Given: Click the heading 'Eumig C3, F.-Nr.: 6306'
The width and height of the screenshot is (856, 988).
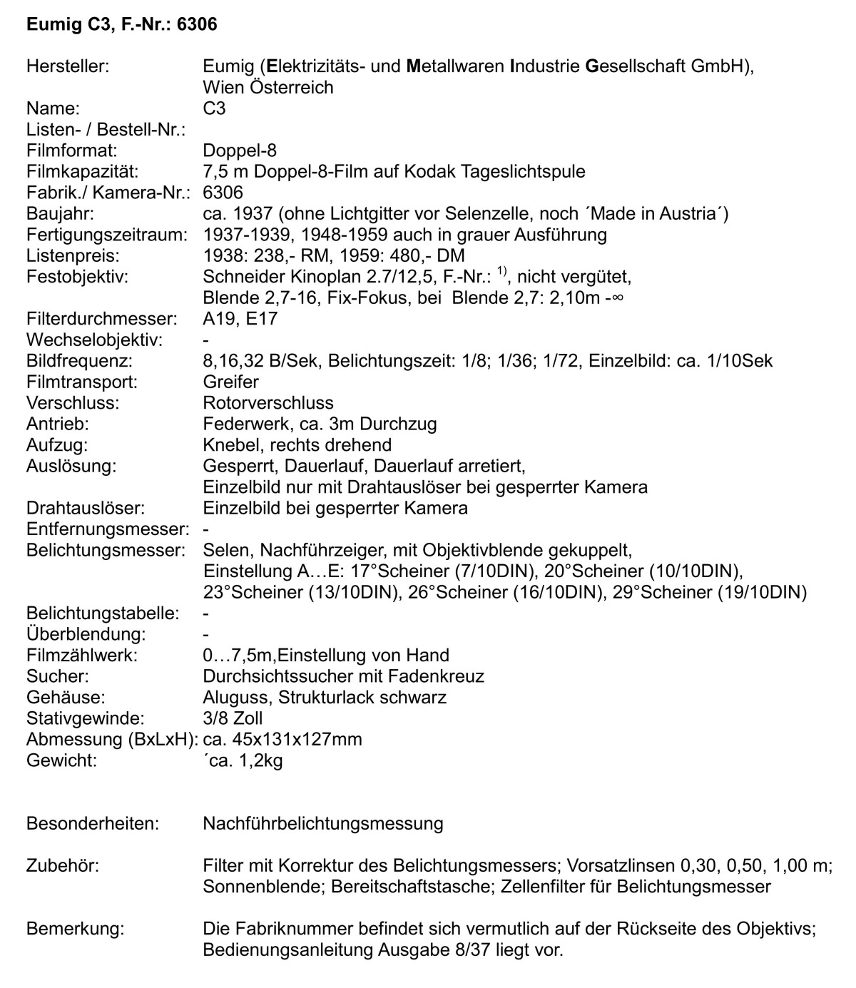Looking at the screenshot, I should (x=121, y=25).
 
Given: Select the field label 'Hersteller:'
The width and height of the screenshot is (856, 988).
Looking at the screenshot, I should (x=67, y=66).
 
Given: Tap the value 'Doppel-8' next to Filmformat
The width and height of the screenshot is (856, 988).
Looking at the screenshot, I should (x=240, y=151).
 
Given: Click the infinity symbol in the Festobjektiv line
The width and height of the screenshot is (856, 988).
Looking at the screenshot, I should (x=618, y=297).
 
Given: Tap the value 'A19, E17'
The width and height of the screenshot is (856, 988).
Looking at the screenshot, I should (x=240, y=318).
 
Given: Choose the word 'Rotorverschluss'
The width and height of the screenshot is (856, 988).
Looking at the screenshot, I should (x=268, y=402).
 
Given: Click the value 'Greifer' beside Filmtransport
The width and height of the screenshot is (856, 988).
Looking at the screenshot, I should (x=230, y=382).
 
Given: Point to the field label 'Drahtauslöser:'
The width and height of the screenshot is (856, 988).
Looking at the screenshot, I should (x=85, y=508).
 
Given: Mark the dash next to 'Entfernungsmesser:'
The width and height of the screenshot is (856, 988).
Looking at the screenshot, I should (x=206, y=529).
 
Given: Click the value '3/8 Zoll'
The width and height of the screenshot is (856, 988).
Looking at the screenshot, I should (x=233, y=718).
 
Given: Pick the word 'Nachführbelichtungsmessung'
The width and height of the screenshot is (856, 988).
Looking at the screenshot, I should (x=322, y=823).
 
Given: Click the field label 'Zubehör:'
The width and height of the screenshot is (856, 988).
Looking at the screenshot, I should (x=62, y=865).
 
